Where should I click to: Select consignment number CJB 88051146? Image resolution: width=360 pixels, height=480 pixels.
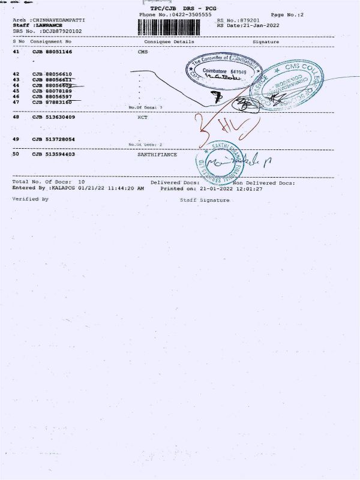(x=53, y=53)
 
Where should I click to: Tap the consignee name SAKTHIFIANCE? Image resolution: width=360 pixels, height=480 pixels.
(x=157, y=154)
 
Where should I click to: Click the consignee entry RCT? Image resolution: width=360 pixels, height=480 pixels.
(x=143, y=117)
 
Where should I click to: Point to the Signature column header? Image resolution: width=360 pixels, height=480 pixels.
(x=266, y=42)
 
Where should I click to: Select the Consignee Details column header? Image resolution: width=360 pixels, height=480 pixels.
(x=170, y=42)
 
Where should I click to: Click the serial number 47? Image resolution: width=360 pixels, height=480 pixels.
(x=17, y=102)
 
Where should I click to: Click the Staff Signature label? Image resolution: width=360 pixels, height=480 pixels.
(x=205, y=200)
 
